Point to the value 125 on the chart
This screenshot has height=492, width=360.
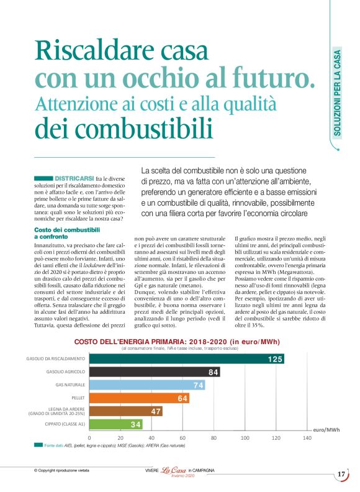tap(275, 360)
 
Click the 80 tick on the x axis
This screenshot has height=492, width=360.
tap(214, 438)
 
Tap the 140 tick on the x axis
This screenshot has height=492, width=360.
tap(307, 438)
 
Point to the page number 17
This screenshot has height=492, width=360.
tap(341, 475)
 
